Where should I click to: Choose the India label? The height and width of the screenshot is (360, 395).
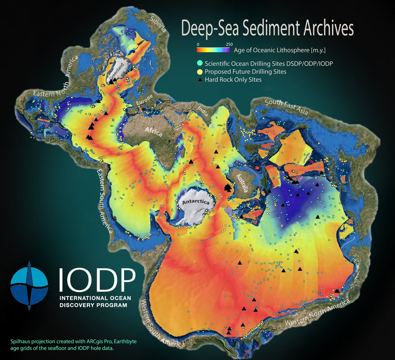click(202, 111)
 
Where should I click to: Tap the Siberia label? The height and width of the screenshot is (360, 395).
click(158, 24)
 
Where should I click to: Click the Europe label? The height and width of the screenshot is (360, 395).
click(144, 100)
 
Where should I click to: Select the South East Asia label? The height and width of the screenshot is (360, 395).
click(286, 107)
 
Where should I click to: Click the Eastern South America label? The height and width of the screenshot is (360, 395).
click(104, 201)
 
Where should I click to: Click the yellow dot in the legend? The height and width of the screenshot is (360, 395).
click(200, 71)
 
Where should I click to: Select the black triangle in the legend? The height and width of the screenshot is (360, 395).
click(200, 79)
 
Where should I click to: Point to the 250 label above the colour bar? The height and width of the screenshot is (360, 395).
click(229, 44)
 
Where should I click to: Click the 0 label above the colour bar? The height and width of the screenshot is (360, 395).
click(198, 44)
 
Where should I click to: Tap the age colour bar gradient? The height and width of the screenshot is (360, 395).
click(213, 50)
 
